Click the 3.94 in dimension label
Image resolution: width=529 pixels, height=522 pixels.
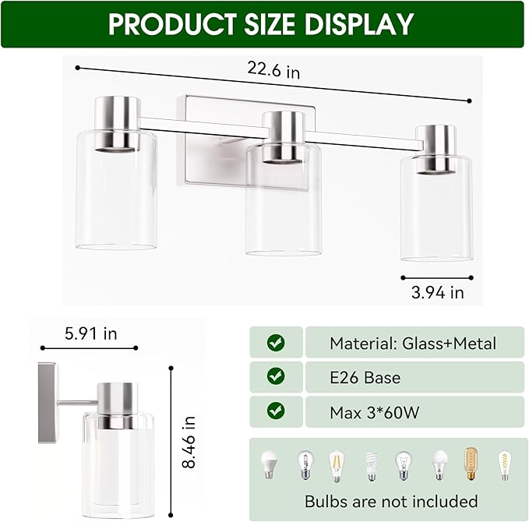click(437, 293)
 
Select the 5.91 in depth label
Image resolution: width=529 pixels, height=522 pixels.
click(90, 334)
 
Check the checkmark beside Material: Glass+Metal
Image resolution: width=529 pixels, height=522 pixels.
click(276, 342)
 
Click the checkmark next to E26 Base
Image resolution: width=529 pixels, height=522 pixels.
click(276, 377)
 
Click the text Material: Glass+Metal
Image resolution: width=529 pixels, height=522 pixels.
click(412, 343)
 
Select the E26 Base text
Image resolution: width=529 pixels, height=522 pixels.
click(365, 378)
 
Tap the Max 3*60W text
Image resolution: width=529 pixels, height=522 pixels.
click(374, 413)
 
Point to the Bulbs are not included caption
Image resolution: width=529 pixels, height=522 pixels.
click(391, 500)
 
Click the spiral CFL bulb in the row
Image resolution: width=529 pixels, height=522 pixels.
click(371, 466)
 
